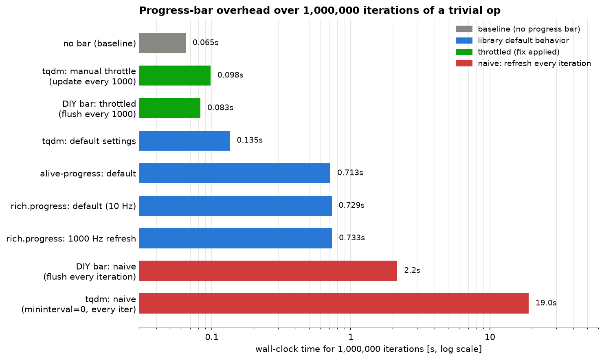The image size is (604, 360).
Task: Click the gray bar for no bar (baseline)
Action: click(x=163, y=43)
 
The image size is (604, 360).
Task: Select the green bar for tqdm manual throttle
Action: click(x=175, y=75)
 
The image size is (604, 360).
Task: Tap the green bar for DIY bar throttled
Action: click(x=169, y=108)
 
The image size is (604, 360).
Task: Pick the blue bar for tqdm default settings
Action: click(x=184, y=141)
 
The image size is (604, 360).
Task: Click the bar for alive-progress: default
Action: click(x=235, y=173)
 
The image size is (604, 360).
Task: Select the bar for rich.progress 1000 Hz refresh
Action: click(x=235, y=238)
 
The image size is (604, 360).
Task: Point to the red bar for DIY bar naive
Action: click(x=268, y=271)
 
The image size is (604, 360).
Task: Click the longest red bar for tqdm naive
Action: click(x=334, y=303)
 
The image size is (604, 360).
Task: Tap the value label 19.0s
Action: click(x=546, y=303)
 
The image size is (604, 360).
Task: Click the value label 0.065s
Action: click(x=205, y=43)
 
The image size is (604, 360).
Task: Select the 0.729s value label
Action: click(x=351, y=205)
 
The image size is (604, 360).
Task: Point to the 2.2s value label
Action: click(x=412, y=270)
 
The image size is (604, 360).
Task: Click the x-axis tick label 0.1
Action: click(x=211, y=337)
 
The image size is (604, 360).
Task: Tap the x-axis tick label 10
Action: click(x=490, y=337)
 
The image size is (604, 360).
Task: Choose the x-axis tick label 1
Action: click(x=351, y=337)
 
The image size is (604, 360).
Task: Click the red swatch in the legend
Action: click(x=464, y=64)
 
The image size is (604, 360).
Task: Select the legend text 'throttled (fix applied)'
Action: click(x=519, y=52)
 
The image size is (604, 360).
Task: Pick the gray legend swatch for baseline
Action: click(x=464, y=29)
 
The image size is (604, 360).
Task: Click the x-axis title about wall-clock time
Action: click(x=369, y=349)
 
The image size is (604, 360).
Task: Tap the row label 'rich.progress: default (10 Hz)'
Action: click(x=73, y=206)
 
